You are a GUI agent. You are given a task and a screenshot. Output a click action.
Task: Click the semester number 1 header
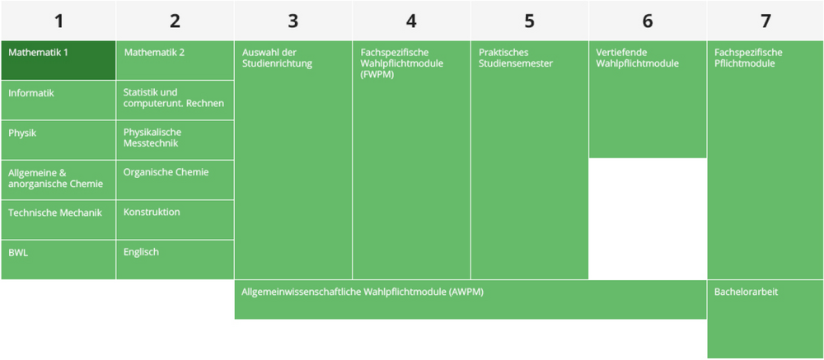pos(58,21)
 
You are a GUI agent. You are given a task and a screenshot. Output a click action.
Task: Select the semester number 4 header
pos(411,21)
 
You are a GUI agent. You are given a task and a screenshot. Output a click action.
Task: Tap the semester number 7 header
pos(765,21)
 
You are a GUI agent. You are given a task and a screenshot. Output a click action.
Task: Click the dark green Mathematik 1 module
pos(58,60)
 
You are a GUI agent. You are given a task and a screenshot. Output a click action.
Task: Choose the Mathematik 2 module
pos(175,60)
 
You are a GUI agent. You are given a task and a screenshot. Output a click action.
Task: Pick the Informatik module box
pos(58,100)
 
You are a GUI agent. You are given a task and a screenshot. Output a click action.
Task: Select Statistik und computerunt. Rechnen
pos(175,100)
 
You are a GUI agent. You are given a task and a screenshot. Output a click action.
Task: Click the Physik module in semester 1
pos(58,139)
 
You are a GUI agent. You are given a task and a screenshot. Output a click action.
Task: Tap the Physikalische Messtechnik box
pos(175,139)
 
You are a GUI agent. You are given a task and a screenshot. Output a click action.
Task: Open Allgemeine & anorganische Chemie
pos(58,179)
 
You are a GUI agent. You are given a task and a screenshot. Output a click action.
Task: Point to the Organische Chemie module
pos(175,179)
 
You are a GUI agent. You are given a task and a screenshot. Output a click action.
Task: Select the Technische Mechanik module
pos(58,218)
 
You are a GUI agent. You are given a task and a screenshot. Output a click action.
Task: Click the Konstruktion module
pos(175,218)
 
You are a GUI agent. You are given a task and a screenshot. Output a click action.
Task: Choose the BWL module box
pos(58,259)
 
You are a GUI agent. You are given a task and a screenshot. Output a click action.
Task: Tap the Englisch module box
pos(175,259)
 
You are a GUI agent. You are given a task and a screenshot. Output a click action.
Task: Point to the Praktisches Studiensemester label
pos(516,58)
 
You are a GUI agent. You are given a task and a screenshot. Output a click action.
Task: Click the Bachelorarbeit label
pos(746,292)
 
